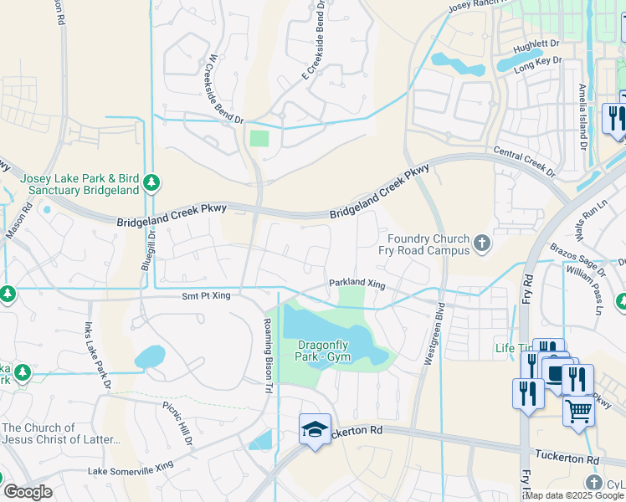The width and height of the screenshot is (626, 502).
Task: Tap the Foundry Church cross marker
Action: point(481,243)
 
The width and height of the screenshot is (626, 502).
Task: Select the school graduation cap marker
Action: point(315,429)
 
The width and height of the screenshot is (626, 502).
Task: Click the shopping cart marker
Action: point(577,412)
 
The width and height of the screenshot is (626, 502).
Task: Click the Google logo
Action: point(28,492)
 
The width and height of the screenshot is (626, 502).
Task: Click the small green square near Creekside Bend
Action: point(259,137)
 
